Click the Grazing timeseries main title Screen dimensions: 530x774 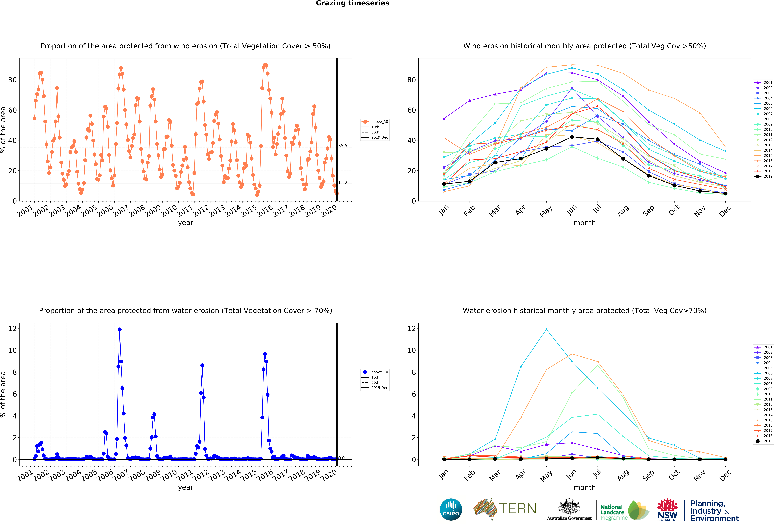click(352, 3)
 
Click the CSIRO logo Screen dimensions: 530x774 click(451, 509)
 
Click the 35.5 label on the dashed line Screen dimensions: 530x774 click(343, 146)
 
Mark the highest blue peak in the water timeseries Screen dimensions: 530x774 click(120, 329)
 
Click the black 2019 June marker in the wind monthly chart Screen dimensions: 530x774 click(572, 137)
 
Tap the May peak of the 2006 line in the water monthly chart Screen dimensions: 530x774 click(546, 329)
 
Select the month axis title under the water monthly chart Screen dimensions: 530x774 click(584, 487)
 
